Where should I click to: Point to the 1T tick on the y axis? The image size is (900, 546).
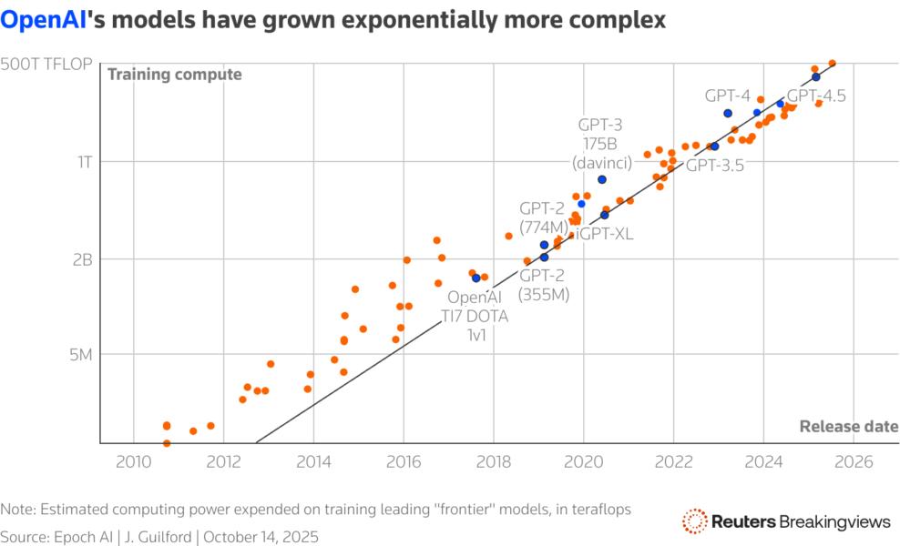85,162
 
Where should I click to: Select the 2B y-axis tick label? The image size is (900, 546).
84,258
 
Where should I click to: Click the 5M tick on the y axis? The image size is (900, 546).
83,354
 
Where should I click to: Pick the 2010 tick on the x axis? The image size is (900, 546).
133,461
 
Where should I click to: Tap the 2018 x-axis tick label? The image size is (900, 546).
493,461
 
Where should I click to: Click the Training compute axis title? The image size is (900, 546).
175,75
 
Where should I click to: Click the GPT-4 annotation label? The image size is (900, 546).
727,95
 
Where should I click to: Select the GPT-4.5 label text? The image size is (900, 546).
816,96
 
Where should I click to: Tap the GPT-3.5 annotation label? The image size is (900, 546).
715,166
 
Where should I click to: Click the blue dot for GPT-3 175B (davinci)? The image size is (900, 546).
602,179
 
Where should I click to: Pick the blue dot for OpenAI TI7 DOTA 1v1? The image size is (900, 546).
476,278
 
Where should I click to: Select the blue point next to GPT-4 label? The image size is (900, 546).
728,113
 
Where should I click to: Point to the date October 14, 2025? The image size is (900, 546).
261,537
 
